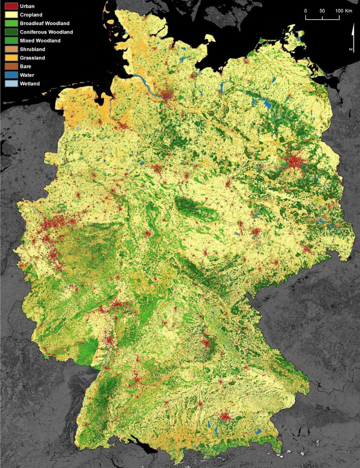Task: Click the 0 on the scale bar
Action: tap(306, 11)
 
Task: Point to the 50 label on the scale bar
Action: tap(322, 11)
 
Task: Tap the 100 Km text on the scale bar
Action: tap(343, 11)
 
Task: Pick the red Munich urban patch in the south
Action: tap(225, 417)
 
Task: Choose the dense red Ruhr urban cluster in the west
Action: tap(57, 224)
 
